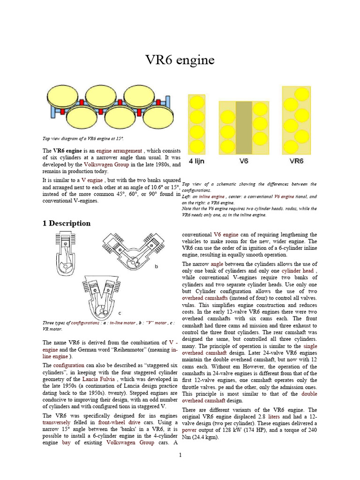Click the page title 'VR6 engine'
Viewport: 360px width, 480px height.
[x=180, y=60]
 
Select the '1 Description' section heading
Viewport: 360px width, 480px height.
[x=67, y=223]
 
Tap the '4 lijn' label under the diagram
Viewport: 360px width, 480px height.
[x=199, y=161]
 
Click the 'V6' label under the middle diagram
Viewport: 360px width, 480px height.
[x=243, y=161]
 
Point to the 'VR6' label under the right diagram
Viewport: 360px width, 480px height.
[x=296, y=161]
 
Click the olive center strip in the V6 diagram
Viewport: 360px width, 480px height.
[x=243, y=127]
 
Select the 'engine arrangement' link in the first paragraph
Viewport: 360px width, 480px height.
[x=119, y=151]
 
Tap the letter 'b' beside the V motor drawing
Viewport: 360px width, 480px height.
[x=156, y=267]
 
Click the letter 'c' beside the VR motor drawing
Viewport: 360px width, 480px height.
[x=120, y=313]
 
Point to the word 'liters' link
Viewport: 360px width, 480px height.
[x=274, y=416]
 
